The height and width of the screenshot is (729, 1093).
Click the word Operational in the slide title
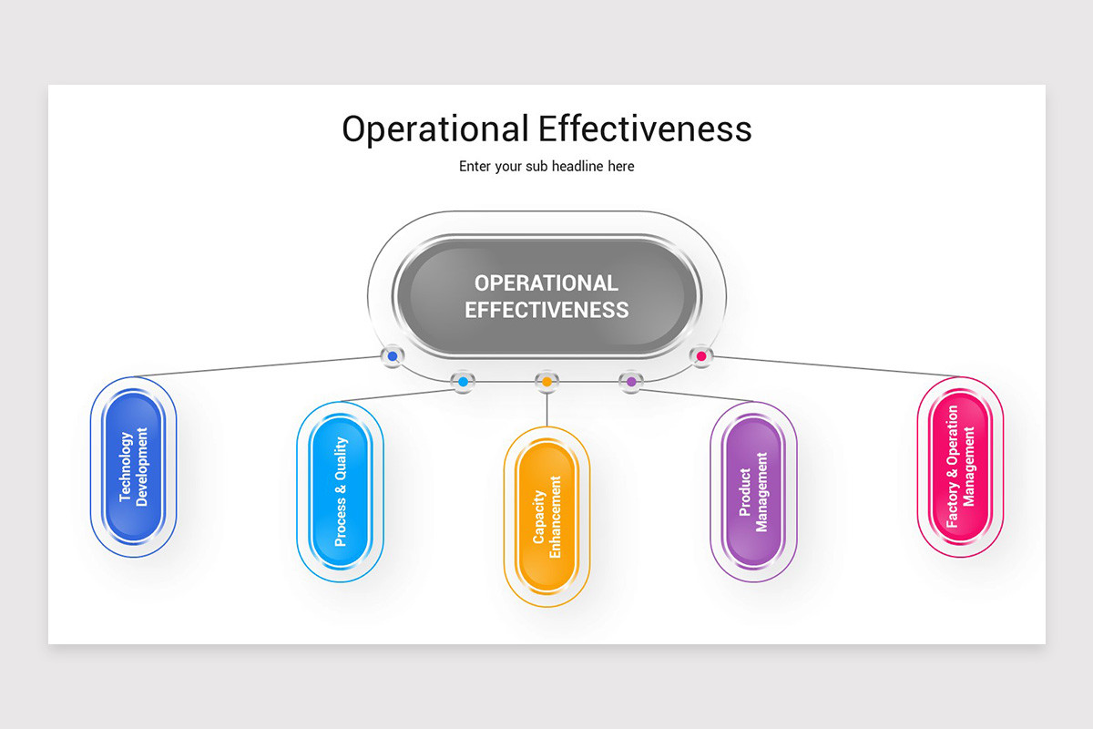(434, 129)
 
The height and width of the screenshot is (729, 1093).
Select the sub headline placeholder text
(546, 167)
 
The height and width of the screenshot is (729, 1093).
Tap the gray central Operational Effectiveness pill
(546, 296)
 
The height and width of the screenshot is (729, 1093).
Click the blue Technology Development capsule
(133, 467)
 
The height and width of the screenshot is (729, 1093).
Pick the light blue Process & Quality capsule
(340, 491)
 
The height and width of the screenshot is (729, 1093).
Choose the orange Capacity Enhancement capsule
(546, 517)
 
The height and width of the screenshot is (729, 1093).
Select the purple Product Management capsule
(753, 491)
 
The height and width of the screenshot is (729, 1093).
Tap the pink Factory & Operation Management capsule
(960, 467)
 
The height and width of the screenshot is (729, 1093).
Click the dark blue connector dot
(393, 356)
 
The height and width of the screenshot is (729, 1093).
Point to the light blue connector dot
(463, 382)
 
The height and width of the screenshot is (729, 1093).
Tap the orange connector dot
(546, 382)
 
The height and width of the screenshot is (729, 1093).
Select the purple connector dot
(631, 382)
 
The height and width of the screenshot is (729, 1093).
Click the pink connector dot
(700, 356)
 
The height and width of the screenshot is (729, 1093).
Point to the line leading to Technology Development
(255, 366)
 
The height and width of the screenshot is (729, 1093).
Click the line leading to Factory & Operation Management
(838, 366)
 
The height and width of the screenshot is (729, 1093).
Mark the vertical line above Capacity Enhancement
(546, 410)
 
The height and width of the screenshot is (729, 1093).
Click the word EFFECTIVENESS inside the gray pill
(546, 310)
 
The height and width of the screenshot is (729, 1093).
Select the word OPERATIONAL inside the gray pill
(546, 282)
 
